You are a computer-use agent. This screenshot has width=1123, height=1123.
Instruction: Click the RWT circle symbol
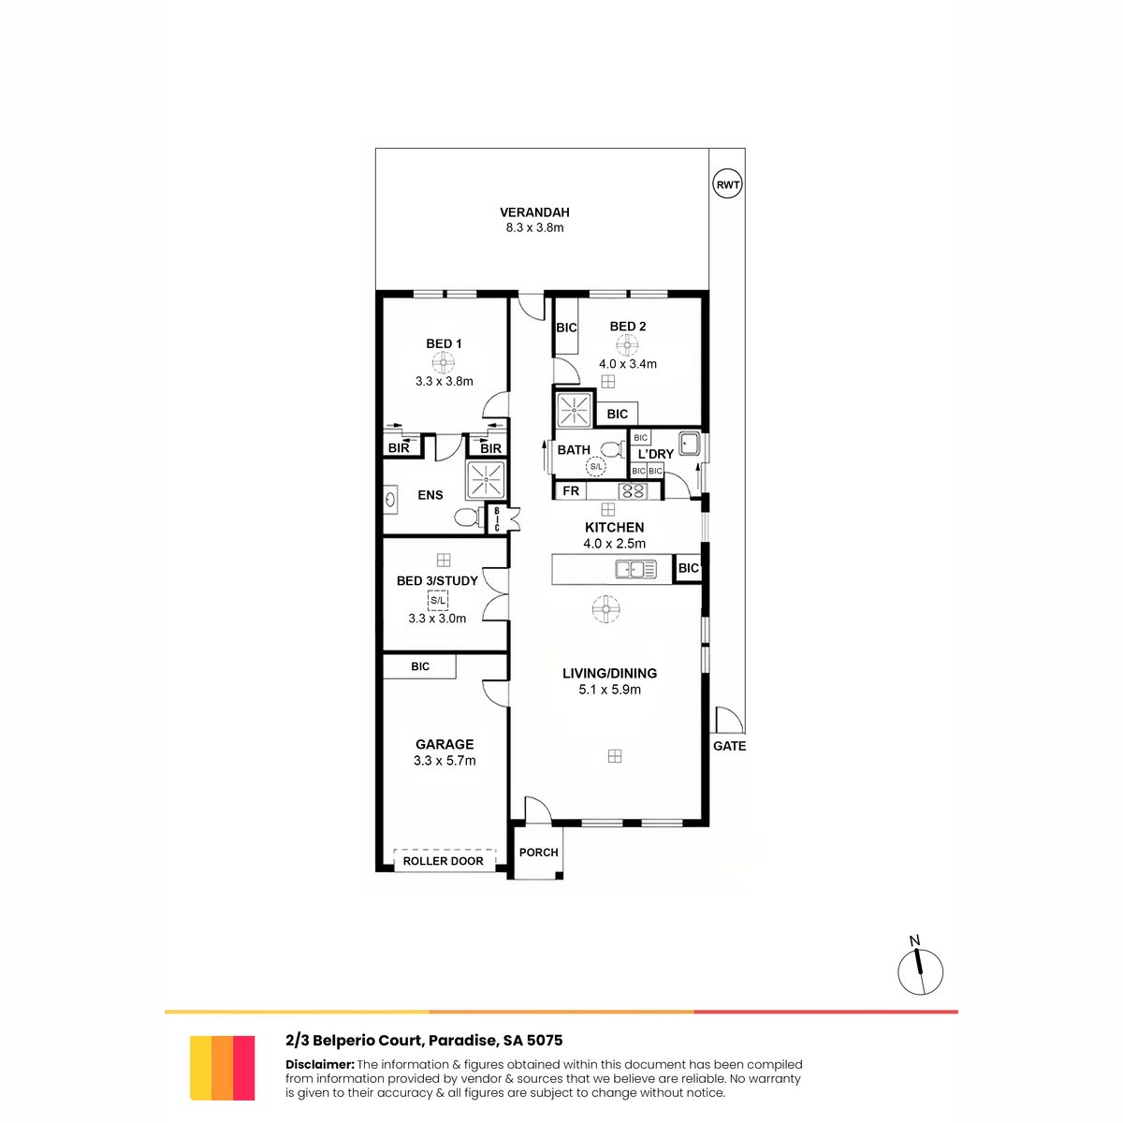(727, 184)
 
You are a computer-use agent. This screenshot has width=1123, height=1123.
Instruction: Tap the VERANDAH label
(534, 212)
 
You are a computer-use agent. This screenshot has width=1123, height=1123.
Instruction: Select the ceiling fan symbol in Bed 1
(443, 364)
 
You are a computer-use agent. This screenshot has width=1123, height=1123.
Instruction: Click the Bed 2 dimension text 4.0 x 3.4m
(628, 364)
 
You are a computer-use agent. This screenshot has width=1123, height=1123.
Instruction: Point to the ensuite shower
(486, 480)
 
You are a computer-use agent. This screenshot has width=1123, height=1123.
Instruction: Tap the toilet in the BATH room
(612, 449)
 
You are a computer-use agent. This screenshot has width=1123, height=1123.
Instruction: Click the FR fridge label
(571, 491)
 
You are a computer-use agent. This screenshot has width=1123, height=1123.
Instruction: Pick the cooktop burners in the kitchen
(633, 491)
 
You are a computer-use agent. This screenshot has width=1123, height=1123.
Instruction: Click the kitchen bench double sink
(635, 569)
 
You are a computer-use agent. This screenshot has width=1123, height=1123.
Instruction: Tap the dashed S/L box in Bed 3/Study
(438, 601)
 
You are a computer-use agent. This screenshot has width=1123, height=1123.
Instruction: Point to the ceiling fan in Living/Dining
(605, 610)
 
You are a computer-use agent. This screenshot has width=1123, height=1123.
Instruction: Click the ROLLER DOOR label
(443, 861)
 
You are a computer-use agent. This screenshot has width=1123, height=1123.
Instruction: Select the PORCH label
(538, 853)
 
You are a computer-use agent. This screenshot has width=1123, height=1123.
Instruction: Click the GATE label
(729, 746)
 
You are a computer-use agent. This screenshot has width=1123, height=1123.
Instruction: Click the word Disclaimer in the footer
(319, 1064)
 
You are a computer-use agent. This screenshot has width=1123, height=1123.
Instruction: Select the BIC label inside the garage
(419, 666)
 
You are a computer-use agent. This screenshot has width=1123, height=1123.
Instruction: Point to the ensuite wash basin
(390, 500)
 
